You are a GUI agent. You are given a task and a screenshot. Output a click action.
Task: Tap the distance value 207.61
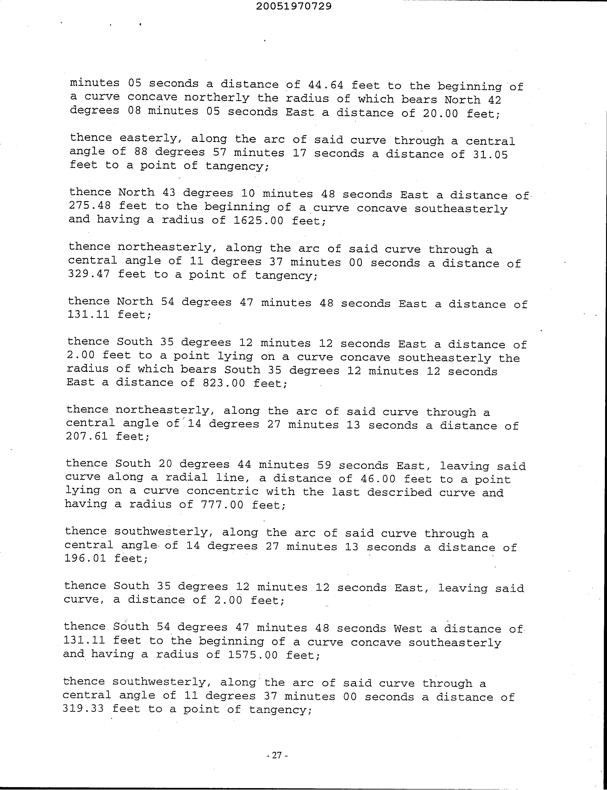tap(87, 436)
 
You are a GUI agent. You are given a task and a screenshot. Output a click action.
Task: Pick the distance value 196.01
tap(85, 558)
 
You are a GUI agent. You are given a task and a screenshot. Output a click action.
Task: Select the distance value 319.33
tap(83, 709)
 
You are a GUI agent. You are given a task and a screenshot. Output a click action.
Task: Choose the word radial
tap(186, 478)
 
